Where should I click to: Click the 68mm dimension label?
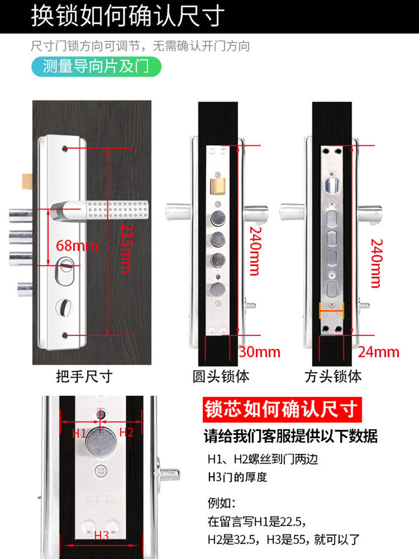coord(77,244)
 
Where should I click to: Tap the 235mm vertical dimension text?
coord(126,248)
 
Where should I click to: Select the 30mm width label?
coord(260,352)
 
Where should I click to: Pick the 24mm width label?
coord(378,352)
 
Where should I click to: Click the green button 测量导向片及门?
coord(95,67)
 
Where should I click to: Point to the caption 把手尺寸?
coord(84,376)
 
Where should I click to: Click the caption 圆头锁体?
coord(221,376)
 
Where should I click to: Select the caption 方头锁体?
coord(334,376)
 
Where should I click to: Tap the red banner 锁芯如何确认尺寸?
coord(281,410)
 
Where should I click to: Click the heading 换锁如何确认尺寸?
coord(127,16)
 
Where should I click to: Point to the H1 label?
coord(79,433)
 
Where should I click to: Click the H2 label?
coord(127,432)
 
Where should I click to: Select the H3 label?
coord(101,535)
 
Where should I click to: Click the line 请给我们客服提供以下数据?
coord(291,436)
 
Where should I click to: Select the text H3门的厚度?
coord(237,477)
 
